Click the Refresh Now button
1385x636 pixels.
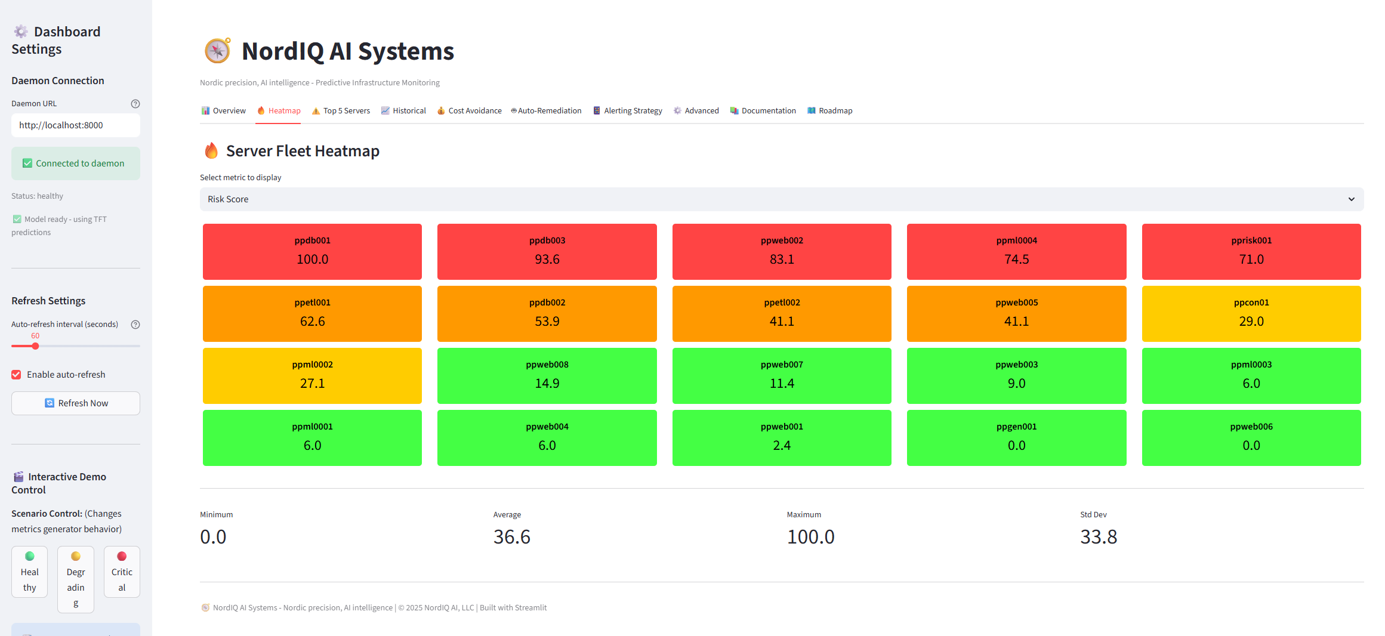[x=76, y=403]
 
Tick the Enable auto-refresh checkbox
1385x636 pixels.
[x=17, y=375]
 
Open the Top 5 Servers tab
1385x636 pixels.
[x=341, y=111]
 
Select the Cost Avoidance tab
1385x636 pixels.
[x=469, y=111]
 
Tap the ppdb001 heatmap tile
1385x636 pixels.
[x=312, y=251]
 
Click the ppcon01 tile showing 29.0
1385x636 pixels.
[x=1251, y=313]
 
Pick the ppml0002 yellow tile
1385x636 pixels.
[x=312, y=375]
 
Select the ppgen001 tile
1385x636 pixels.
[x=1016, y=437]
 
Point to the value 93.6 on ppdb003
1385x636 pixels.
[x=547, y=260]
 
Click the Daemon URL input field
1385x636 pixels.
[x=76, y=125]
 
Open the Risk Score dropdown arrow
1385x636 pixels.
[x=1351, y=199]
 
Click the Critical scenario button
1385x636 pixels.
[x=122, y=572]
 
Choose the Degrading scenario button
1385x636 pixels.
[x=76, y=579]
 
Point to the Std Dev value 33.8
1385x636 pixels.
[x=1098, y=537]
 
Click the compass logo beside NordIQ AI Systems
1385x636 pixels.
[x=217, y=51]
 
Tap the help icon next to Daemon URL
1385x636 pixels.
[x=135, y=104]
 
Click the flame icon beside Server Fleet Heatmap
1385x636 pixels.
[x=211, y=151]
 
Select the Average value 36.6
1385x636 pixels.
[x=511, y=537]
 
